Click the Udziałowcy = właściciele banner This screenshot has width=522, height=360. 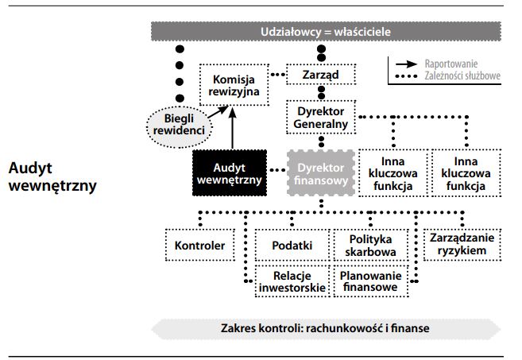pyautogui.click(x=327, y=32)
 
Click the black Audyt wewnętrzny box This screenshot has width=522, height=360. pyautogui.click(x=229, y=174)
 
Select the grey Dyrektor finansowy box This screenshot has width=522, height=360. pyautogui.click(x=321, y=175)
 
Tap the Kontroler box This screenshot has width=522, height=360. pyautogui.click(x=200, y=245)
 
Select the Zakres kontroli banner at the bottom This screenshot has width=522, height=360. pyautogui.click(x=327, y=328)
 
